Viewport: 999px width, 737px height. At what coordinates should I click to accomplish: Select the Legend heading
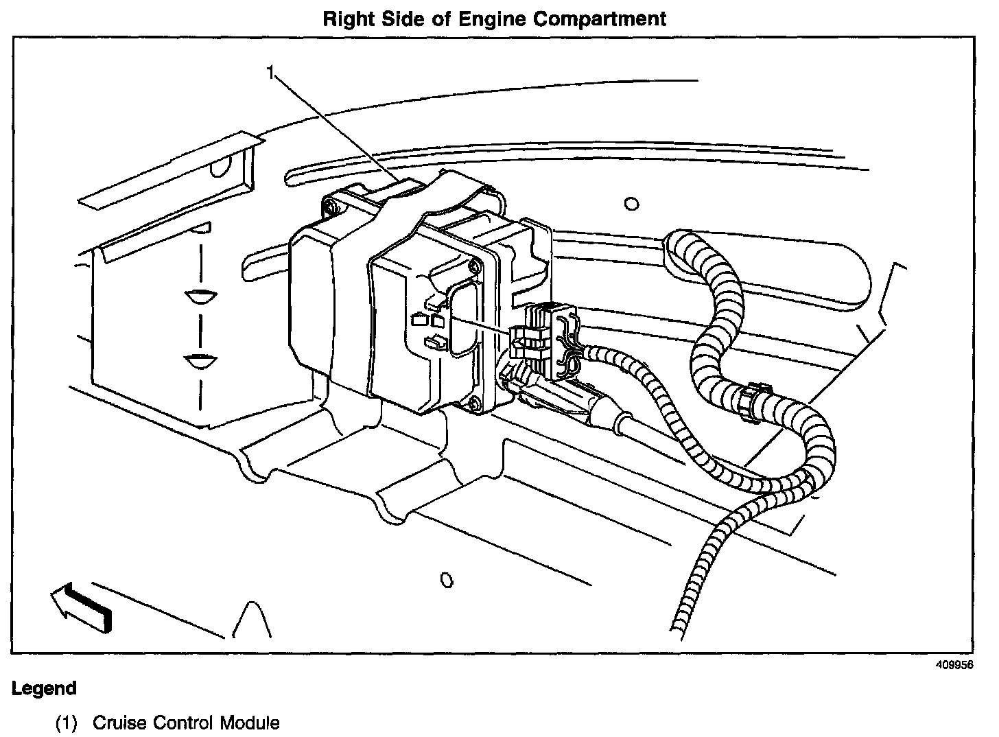coord(44,688)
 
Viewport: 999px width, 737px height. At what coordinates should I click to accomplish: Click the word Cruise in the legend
coord(119,723)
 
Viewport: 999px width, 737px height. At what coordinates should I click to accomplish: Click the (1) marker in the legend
coord(67,723)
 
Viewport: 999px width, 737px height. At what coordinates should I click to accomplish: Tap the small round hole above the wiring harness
coord(632,204)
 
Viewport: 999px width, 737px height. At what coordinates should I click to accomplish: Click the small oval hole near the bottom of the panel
coord(447,581)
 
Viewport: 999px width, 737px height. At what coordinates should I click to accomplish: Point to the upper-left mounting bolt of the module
coord(332,206)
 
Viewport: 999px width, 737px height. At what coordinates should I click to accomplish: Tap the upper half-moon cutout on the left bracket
coord(200,296)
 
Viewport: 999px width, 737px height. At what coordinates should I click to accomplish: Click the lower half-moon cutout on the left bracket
coord(200,361)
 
